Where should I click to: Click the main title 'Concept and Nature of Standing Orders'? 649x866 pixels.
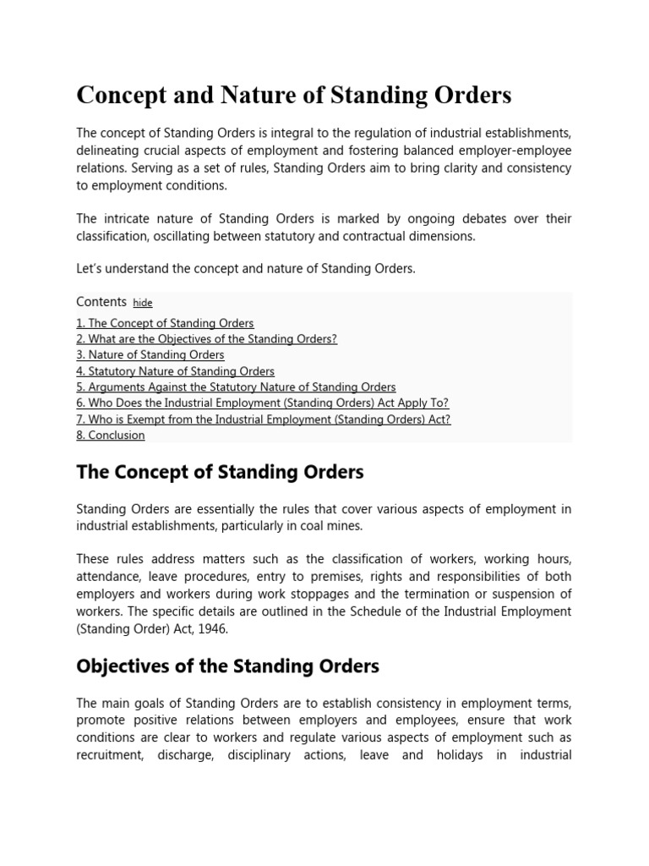(293, 96)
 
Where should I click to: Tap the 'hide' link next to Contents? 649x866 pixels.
(143, 303)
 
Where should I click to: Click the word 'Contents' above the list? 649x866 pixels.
(101, 302)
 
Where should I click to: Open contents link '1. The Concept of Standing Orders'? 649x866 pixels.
(165, 323)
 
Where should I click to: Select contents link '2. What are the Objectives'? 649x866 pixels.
(206, 339)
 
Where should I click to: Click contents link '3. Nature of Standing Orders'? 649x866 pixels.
(150, 355)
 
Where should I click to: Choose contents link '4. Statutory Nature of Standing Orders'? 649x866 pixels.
(175, 371)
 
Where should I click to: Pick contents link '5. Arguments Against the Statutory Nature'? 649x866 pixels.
(236, 387)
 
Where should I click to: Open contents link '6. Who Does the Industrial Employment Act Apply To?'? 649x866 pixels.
(262, 403)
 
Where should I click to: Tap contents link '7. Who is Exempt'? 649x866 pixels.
(263, 419)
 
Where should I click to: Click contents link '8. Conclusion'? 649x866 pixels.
(110, 436)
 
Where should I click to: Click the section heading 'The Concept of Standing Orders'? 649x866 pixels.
(220, 472)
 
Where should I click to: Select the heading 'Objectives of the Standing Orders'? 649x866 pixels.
(227, 666)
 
